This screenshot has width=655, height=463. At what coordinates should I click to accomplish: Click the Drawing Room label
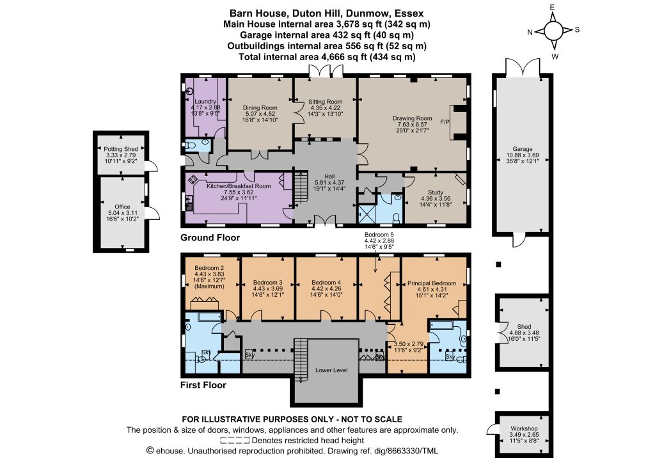(x=413, y=118)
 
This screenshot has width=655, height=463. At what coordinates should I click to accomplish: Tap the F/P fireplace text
(x=445, y=122)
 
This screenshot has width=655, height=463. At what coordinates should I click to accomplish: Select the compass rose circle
(x=553, y=31)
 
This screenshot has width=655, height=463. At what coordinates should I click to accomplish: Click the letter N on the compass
(x=530, y=33)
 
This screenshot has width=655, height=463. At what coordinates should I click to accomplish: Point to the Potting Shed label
(x=121, y=149)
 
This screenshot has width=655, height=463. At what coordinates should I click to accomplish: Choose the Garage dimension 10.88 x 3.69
(x=523, y=155)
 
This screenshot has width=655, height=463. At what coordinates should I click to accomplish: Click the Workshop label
(x=524, y=428)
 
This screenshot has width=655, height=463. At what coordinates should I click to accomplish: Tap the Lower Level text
(x=331, y=370)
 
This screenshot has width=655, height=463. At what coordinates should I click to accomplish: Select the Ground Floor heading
(x=210, y=237)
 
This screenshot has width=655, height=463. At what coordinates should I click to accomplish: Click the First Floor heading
(x=203, y=385)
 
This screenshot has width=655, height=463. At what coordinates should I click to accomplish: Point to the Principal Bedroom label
(x=432, y=283)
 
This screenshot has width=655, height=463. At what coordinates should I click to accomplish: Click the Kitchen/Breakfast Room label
(x=239, y=186)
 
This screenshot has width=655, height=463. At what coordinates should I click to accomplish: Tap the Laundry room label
(x=205, y=102)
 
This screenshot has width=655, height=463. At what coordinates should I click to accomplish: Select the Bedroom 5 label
(x=379, y=235)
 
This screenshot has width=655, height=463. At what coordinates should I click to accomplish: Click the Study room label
(x=435, y=192)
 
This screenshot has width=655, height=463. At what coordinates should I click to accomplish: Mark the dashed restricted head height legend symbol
(x=235, y=441)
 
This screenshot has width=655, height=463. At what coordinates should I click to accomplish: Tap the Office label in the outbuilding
(x=122, y=207)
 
